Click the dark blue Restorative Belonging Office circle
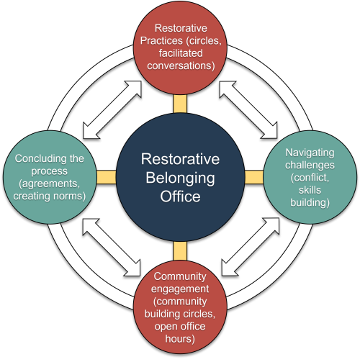pos(179,177)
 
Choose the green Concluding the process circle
pos(49,177)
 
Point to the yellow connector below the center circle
pos(179,250)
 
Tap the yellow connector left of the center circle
pos(106,177)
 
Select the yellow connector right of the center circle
pos(253,177)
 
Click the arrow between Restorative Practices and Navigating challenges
pos(248,108)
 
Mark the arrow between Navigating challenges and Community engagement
pos(249,245)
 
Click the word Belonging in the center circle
pos(180,177)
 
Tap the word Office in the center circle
pos(180,195)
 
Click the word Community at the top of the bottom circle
pos(180,276)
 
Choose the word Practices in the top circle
pos(160,39)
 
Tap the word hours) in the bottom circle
pos(180,338)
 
